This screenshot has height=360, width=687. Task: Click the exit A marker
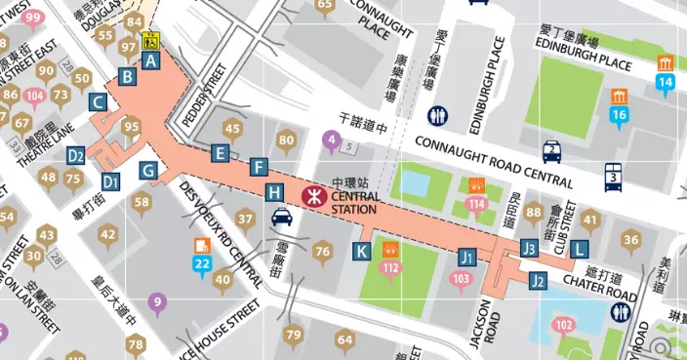(x=150, y=60)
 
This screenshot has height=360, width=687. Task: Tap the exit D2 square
(x=77, y=154)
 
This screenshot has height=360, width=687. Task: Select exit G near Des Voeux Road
(x=149, y=171)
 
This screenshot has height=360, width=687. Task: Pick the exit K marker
(x=361, y=251)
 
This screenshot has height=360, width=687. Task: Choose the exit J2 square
(x=538, y=281)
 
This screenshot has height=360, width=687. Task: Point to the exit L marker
(x=580, y=249)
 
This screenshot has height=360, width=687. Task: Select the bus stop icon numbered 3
(x=613, y=177)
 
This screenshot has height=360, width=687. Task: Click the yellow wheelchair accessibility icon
(x=151, y=41)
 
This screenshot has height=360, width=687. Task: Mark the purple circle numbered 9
(x=156, y=302)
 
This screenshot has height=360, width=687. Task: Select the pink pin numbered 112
(x=392, y=261)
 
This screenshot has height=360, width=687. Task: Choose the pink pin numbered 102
(x=563, y=325)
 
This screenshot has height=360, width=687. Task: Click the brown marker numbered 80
(x=286, y=140)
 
